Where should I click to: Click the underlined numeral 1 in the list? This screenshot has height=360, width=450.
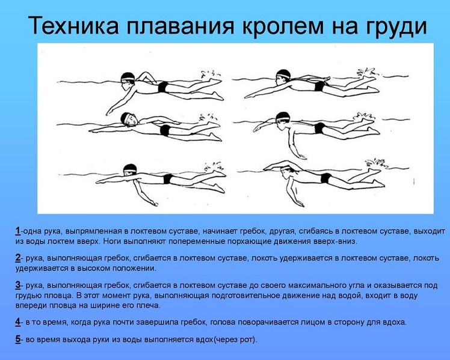coord(18,231)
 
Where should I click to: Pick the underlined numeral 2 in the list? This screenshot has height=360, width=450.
coord(18,258)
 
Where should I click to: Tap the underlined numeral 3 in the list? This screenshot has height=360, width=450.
coord(18,285)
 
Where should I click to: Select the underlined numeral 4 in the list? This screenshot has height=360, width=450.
coord(18,322)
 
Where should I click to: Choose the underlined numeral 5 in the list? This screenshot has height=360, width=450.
coord(18,340)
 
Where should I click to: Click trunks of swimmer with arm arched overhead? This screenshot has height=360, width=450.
coord(325,178)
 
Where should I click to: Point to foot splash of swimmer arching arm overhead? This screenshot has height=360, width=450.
coord(376,163)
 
